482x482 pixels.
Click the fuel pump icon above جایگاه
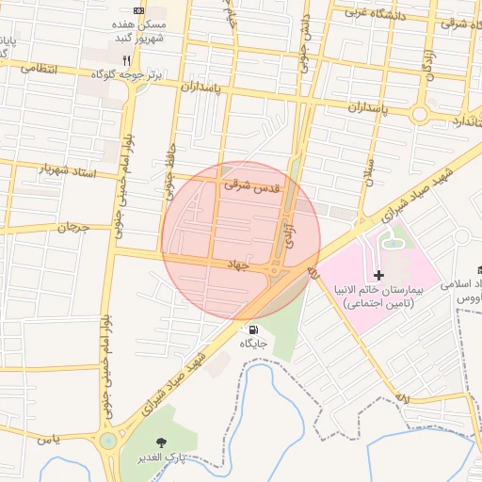click(x=253, y=329)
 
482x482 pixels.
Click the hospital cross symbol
click(x=378, y=276)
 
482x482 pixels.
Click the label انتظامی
click(x=39, y=69)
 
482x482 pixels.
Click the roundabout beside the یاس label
click(x=109, y=441)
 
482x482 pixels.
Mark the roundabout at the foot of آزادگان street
click(x=420, y=115)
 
